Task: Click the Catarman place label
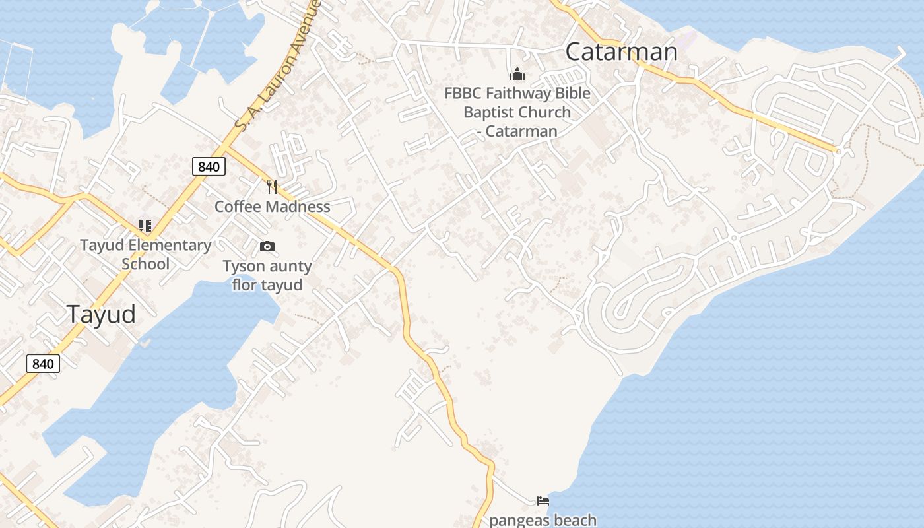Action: point(621,51)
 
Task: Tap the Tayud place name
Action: point(101,314)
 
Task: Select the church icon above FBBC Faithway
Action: point(517,73)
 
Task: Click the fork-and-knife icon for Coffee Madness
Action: point(271,187)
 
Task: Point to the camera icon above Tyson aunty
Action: point(267,247)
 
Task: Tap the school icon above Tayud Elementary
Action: point(145,226)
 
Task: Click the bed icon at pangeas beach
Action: point(543,501)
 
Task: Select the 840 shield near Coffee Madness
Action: point(209,166)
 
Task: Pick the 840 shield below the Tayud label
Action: point(43,364)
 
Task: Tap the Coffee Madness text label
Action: point(272,207)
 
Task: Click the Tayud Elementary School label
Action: point(145,255)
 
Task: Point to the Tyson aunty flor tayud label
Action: point(267,276)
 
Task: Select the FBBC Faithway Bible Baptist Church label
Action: point(517,112)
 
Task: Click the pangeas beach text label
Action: point(543,520)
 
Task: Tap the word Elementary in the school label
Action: point(170,246)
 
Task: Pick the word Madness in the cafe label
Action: point(298,207)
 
